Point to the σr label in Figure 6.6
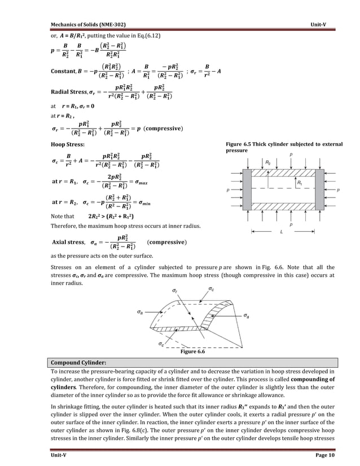(x=175, y=291)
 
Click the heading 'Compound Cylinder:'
(x=74, y=362)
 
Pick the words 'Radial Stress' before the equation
(x=69, y=91)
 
